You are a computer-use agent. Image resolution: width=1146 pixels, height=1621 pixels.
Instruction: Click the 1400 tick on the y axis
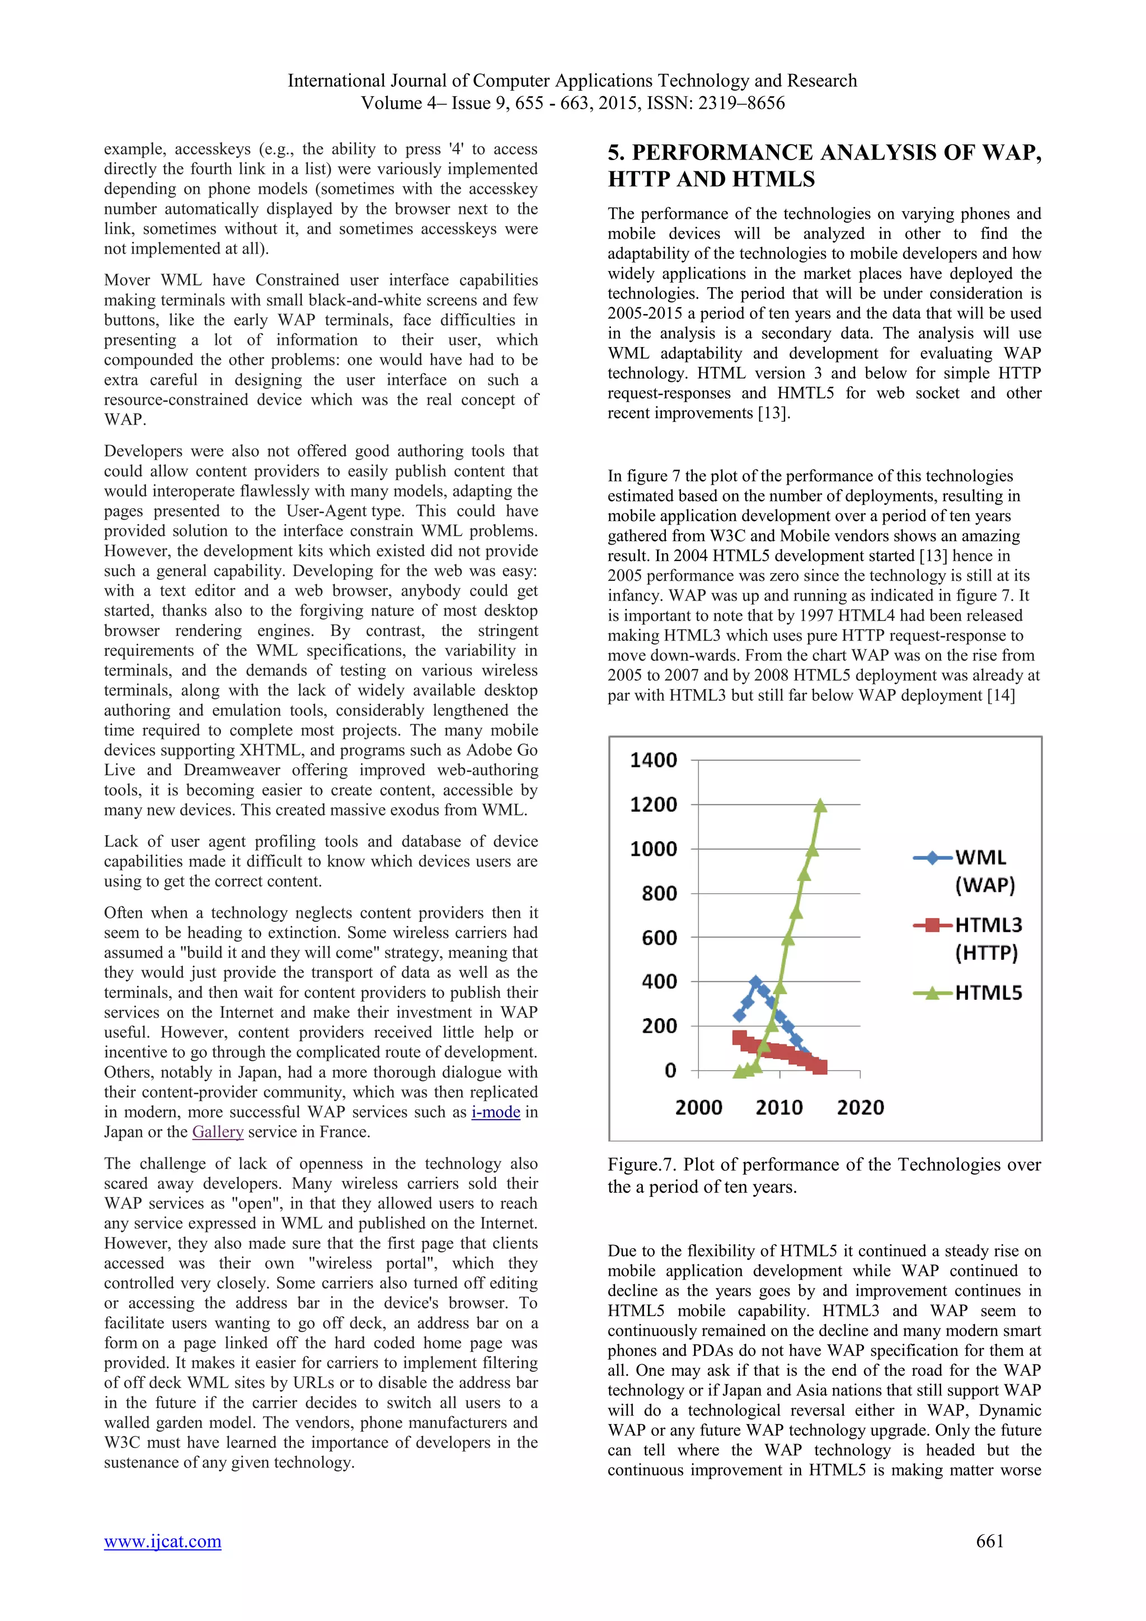pos(654,760)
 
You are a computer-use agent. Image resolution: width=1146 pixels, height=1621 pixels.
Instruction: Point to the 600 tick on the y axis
pos(659,938)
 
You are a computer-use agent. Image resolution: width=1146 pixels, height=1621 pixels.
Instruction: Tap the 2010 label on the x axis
pos(779,1107)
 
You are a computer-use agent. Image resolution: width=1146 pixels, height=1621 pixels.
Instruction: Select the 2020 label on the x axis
pos(860,1107)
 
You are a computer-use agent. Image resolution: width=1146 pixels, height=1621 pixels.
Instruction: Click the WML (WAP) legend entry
pos(981,870)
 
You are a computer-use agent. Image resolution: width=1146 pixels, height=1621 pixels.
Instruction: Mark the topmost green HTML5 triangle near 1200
pos(820,805)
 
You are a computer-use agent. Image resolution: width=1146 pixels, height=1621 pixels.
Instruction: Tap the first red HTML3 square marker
pos(739,1037)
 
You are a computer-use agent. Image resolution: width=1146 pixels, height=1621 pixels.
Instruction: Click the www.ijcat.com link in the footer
pos(162,1541)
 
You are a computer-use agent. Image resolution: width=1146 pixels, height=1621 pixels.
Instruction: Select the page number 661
pos(989,1541)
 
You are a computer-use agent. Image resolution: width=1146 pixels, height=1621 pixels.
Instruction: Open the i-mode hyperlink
pos(495,1112)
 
